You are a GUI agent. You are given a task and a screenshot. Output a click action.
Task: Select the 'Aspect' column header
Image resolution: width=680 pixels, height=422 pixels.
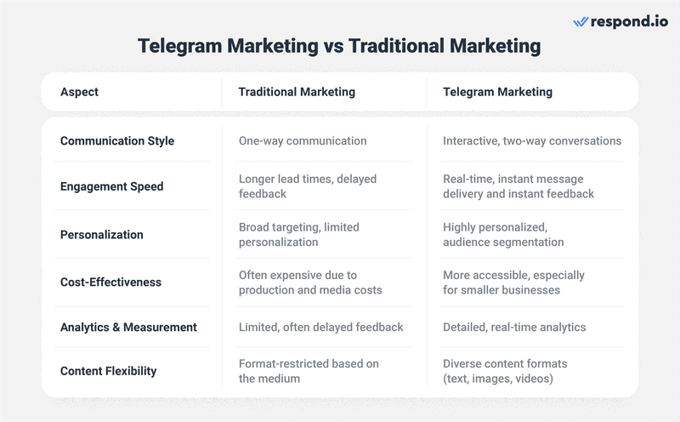tap(79, 92)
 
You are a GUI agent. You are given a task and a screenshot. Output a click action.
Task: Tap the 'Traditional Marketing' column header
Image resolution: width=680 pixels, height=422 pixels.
tap(297, 92)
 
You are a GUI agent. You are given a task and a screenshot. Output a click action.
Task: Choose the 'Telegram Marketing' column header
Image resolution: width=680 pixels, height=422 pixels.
tap(497, 92)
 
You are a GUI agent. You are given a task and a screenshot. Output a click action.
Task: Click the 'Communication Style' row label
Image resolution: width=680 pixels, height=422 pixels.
tap(117, 140)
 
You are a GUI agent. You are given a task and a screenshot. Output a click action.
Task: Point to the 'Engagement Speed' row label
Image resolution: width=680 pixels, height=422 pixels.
tap(111, 186)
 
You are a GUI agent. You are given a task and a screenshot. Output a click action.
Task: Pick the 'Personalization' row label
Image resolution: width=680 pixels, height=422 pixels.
tap(101, 235)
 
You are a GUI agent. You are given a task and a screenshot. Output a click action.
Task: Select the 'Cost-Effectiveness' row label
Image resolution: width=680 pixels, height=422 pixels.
tap(110, 282)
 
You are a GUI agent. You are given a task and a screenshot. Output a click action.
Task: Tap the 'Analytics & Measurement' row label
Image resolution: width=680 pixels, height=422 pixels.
tap(128, 327)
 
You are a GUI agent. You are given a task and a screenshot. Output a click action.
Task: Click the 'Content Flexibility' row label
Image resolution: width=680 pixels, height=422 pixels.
tap(108, 371)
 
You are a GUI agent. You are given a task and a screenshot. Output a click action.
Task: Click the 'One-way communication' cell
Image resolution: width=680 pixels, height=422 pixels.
tap(303, 140)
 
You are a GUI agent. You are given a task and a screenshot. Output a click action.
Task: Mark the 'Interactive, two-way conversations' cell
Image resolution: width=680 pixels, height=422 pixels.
tap(532, 140)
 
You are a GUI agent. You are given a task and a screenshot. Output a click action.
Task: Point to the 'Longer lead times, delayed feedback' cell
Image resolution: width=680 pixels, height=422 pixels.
tap(308, 186)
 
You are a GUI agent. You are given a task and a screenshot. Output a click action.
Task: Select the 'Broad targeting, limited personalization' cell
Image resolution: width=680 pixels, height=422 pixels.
tap(299, 235)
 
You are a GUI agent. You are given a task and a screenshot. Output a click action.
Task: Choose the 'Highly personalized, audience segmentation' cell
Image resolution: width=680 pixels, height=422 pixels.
tap(503, 235)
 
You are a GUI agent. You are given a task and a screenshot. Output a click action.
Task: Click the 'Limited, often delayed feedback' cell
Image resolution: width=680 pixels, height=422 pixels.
tap(320, 327)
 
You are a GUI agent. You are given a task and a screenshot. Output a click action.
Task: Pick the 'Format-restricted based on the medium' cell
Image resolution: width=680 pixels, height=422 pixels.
tap(309, 371)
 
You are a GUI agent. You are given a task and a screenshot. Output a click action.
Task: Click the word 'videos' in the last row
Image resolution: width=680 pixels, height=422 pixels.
tap(533, 379)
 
